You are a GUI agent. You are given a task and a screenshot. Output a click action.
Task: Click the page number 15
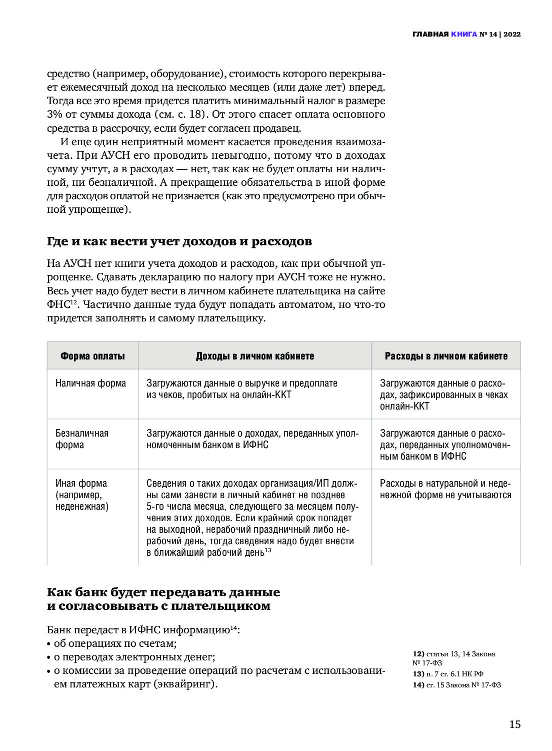[x=514, y=724]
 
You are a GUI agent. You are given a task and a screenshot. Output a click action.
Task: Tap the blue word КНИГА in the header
[x=463, y=35]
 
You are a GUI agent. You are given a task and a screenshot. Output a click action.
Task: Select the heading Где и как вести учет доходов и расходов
[x=179, y=241]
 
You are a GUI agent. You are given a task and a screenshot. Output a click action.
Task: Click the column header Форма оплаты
[x=92, y=356]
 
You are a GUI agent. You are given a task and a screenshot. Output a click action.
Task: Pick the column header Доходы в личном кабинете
[x=255, y=356]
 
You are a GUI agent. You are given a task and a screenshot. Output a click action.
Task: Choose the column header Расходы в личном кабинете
[x=446, y=356]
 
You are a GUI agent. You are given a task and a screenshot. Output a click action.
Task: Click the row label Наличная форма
[x=90, y=383]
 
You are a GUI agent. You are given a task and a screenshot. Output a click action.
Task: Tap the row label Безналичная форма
[x=81, y=439]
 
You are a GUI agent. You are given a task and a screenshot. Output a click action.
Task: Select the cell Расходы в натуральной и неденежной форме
[x=445, y=489]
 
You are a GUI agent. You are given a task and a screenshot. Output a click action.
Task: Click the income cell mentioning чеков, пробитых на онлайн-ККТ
[x=242, y=389]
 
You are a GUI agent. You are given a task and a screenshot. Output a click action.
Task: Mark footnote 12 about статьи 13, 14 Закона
[x=453, y=658]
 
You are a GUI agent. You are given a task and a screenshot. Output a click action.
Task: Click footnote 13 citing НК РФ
[x=448, y=674]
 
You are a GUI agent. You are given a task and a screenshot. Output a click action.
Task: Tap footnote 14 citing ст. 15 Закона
[x=456, y=685]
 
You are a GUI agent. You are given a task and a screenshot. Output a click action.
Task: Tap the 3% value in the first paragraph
[x=54, y=114]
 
